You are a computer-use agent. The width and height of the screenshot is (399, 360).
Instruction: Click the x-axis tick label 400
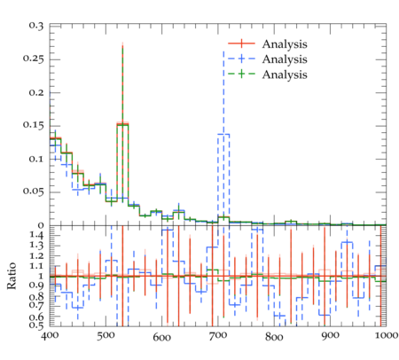(50, 336)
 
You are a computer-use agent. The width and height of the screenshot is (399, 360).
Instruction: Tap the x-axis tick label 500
(106, 336)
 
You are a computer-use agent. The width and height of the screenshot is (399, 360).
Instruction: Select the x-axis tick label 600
(161, 337)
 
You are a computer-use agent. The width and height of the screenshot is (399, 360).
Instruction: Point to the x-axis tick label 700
(218, 336)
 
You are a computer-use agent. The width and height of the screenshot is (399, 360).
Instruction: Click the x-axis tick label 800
(274, 337)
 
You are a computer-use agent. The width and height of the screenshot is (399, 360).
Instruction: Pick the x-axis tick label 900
(330, 336)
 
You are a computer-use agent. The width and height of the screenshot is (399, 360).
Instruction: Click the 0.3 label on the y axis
(36, 26)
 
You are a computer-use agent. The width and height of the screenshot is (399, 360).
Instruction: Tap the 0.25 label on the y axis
(33, 59)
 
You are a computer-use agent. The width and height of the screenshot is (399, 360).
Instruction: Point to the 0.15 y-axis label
(33, 125)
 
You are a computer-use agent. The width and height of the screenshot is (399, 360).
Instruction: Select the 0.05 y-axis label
(33, 192)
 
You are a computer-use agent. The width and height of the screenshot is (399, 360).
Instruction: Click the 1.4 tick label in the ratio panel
(36, 236)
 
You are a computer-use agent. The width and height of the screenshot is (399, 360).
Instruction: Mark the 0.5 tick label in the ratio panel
(36, 325)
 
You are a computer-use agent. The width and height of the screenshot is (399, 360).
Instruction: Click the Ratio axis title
(12, 276)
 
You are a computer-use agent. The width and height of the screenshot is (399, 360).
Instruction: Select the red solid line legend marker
(241, 43)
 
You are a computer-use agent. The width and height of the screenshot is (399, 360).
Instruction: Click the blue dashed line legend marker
(241, 59)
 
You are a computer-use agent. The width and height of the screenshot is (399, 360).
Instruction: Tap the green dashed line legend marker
(241, 74)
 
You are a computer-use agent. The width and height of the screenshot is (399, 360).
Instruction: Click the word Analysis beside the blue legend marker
(285, 59)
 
